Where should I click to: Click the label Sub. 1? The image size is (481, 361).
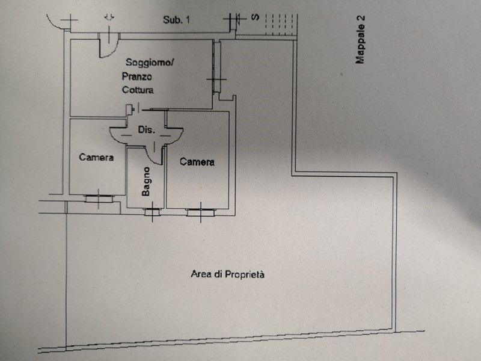(177, 20)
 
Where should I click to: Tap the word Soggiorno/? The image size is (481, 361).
(150, 62)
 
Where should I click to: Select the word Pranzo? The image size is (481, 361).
(136, 76)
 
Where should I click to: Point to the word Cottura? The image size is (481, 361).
(138, 90)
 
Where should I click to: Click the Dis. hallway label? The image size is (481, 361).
(147, 129)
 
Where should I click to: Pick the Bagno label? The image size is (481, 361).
(146, 181)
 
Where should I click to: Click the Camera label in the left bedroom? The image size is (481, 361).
(97, 158)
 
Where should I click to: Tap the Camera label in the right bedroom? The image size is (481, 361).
(197, 162)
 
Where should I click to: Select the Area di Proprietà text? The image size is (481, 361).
(228, 274)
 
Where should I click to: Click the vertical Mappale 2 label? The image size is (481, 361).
(361, 40)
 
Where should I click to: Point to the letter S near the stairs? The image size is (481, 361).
(255, 17)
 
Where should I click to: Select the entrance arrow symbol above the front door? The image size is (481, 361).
(109, 17)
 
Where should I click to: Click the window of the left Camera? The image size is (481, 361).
(98, 196)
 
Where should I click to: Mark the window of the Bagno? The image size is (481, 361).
(152, 211)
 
